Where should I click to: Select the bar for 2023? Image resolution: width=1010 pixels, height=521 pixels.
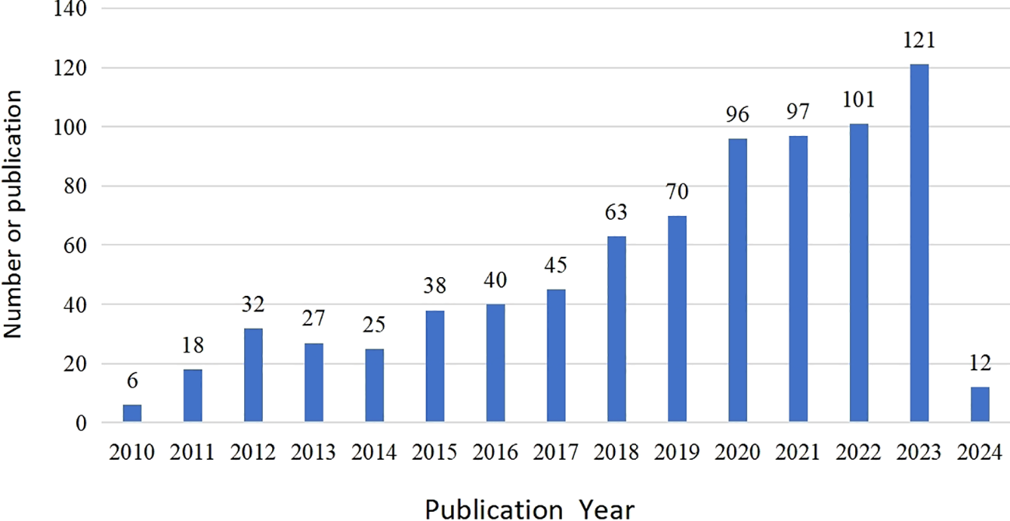[919, 244]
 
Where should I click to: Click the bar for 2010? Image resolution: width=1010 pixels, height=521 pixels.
[132, 414]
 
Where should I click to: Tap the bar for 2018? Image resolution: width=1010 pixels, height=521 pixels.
[617, 329]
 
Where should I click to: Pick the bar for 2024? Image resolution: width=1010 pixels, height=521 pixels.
[980, 405]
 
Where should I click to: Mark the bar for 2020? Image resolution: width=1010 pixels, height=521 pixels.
[737, 281]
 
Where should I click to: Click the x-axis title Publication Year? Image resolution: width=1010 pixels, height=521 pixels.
[529, 509]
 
